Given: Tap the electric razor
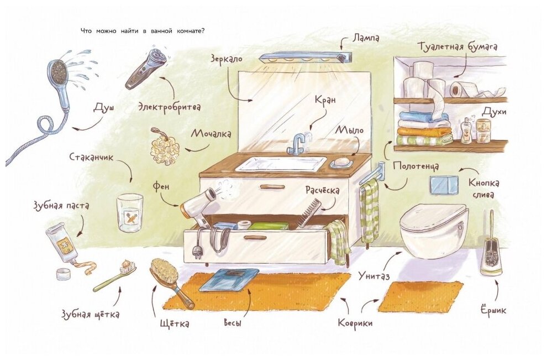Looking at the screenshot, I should coord(145,67).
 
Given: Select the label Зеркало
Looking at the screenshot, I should coord(227,58).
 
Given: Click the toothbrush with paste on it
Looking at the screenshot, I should coord(115,276).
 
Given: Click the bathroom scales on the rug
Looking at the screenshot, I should coord(229,280).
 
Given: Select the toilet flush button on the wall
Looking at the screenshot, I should coord(442,185).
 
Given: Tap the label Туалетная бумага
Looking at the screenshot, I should coord(457,47).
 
